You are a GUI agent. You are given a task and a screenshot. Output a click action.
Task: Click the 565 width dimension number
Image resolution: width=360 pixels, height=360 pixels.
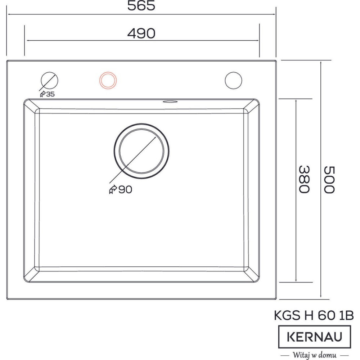pos(141,6)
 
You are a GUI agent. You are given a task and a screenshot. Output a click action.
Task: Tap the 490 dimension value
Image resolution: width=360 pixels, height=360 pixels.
pos(141,33)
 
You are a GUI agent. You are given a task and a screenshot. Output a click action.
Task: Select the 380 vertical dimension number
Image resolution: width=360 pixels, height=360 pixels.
pos(304,179)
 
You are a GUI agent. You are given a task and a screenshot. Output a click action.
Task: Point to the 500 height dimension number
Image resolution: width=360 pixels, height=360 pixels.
pos(329,180)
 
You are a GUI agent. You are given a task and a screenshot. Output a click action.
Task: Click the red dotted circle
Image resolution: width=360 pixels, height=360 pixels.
pos(108,72)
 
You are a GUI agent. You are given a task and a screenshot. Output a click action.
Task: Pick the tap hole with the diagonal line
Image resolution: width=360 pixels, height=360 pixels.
pos(49,72)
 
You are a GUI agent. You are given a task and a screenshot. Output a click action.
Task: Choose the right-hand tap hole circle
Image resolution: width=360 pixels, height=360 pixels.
pos(234,72)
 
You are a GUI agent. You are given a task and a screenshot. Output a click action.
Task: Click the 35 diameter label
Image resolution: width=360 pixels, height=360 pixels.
pos(50,94)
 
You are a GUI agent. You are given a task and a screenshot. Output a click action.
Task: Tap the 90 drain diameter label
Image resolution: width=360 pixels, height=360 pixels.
pos(125,189)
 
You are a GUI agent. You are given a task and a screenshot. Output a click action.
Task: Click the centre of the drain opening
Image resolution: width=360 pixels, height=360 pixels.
pos(141,151)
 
